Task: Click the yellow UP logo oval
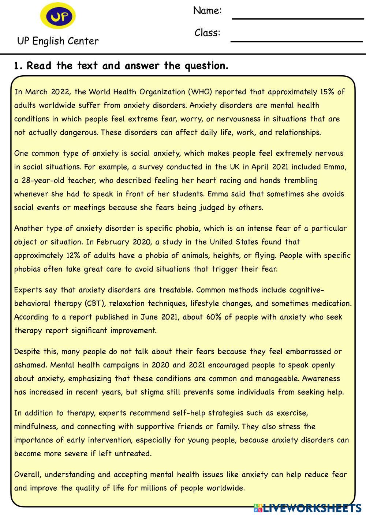pyautogui.click(x=58, y=16)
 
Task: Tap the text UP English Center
pyautogui.click(x=58, y=41)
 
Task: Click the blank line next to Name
pyautogui.click(x=297, y=18)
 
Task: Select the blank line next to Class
pyautogui.click(x=296, y=41)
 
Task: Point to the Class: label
pyautogui.click(x=207, y=33)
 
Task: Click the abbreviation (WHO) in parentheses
pyautogui.click(x=200, y=92)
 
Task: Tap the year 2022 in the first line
pyautogui.click(x=61, y=92)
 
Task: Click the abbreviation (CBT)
pyautogui.click(x=94, y=303)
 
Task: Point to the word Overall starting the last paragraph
pyautogui.click(x=27, y=475)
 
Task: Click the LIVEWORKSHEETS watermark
pyautogui.click(x=307, y=508)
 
